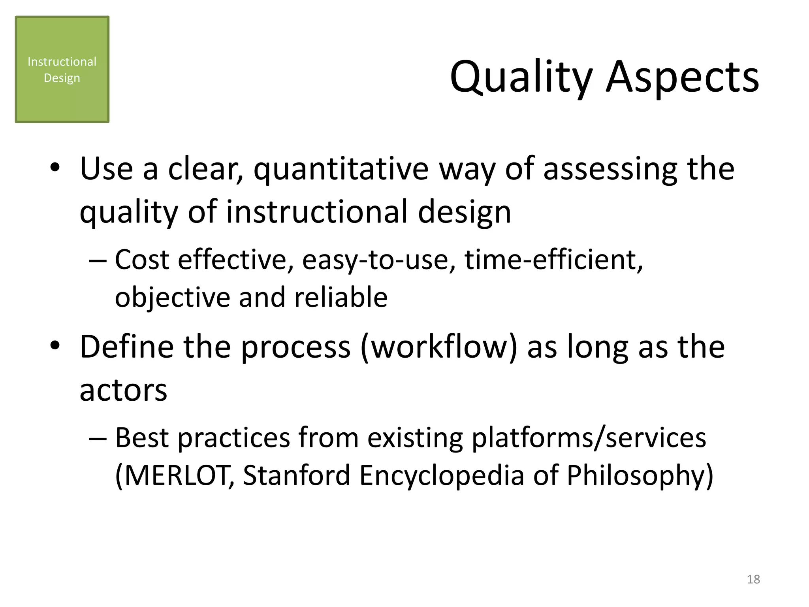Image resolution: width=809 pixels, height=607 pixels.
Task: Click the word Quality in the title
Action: coord(521,77)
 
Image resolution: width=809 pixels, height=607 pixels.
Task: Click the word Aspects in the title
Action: coord(683,77)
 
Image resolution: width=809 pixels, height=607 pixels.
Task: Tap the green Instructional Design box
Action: coord(62,70)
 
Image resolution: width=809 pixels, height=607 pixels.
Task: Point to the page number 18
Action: coord(753,579)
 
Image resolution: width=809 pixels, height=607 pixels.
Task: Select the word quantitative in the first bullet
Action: coord(341,169)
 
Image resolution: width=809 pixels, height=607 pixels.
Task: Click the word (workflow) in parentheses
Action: coord(438,347)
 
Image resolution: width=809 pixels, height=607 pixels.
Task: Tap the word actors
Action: coord(123,390)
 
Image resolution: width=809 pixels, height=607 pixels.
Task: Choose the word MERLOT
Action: coord(175,475)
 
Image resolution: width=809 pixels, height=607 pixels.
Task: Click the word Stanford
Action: coord(296,475)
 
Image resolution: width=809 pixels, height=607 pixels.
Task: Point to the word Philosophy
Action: coord(640,475)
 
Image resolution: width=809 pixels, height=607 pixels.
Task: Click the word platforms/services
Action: coord(589,438)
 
